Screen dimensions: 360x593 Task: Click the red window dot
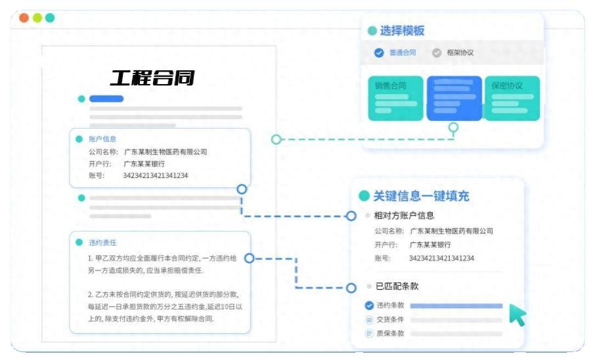24,18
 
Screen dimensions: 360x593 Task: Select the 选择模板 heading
402,31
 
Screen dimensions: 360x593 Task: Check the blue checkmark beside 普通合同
379,53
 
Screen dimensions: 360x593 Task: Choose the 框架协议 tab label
460,53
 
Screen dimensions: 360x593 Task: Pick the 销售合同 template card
395,97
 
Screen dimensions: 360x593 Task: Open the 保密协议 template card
512,97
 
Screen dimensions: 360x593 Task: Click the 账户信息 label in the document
102,139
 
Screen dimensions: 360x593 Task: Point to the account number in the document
156,175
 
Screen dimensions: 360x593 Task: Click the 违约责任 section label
102,242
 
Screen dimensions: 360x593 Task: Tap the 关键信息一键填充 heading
421,196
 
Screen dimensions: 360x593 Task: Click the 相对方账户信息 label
404,215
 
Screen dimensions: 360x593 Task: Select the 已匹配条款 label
397,286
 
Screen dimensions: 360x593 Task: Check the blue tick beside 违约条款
369,305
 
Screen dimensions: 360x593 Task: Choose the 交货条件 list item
390,319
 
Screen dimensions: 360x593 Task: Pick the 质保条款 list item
390,333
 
